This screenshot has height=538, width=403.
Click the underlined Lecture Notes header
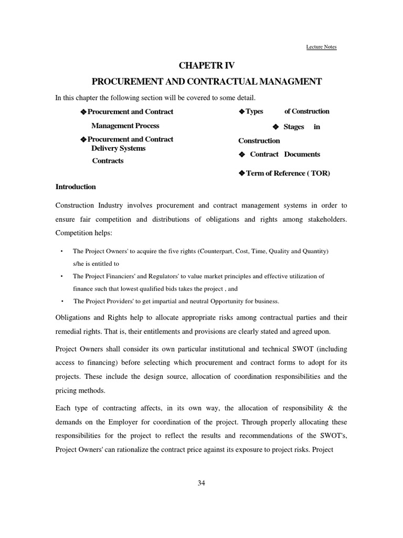coord(321,47)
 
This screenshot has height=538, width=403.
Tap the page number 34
coord(201,483)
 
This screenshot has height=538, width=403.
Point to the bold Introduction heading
coord(76,187)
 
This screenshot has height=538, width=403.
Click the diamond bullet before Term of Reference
coord(241,173)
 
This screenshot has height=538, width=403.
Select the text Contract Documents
coord(285,154)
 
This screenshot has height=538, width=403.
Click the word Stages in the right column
coord(294,127)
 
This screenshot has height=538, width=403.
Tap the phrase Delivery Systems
coord(119,148)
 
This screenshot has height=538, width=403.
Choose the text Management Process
coord(125,126)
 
